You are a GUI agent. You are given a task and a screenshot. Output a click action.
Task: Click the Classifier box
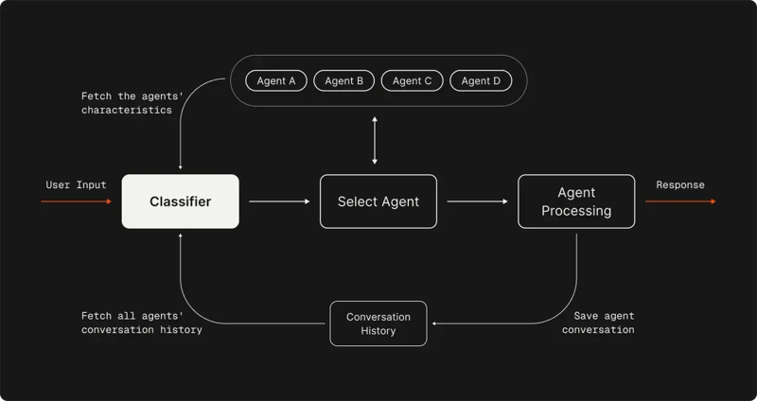tap(180, 201)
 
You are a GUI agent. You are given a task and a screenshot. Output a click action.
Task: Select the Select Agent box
tap(378, 201)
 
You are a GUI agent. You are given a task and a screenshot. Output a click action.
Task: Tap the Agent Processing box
tap(576, 201)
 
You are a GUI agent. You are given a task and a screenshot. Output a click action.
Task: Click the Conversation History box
tap(378, 323)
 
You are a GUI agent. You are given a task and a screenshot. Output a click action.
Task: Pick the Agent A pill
tap(276, 81)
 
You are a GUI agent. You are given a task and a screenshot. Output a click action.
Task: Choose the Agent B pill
tap(344, 81)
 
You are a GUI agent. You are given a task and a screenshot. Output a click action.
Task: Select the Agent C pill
tap(413, 81)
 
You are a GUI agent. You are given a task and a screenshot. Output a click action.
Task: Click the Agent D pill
tap(481, 81)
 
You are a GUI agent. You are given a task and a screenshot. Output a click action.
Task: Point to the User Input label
tap(76, 184)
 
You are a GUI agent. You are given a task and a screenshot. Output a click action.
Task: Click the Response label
tap(680, 184)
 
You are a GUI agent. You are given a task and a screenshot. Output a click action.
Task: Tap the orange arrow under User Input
tap(76, 201)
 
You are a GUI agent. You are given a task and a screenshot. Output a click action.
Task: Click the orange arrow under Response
tap(680, 201)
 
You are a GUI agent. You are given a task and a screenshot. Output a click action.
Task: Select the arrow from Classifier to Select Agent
tap(280, 201)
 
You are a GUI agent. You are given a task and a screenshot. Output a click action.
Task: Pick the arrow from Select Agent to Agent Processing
tap(478, 201)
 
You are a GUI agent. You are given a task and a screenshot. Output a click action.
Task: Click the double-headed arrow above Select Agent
tap(376, 140)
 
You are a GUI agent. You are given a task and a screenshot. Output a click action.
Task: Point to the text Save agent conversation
tap(598, 323)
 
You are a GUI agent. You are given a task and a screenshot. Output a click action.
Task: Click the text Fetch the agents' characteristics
tap(126, 102)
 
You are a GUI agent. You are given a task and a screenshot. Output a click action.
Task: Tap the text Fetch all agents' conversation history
tap(141, 323)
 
